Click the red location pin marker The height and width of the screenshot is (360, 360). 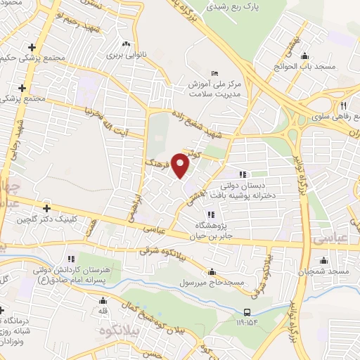181,165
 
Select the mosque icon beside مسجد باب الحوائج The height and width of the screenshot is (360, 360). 304,57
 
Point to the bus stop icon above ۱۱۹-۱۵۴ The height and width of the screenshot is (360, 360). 247,312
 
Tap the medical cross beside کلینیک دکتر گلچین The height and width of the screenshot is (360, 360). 46,208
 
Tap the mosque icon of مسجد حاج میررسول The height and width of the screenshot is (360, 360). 212,272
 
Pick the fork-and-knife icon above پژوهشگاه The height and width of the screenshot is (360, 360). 210,215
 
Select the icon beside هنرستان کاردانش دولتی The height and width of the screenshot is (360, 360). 69,259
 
